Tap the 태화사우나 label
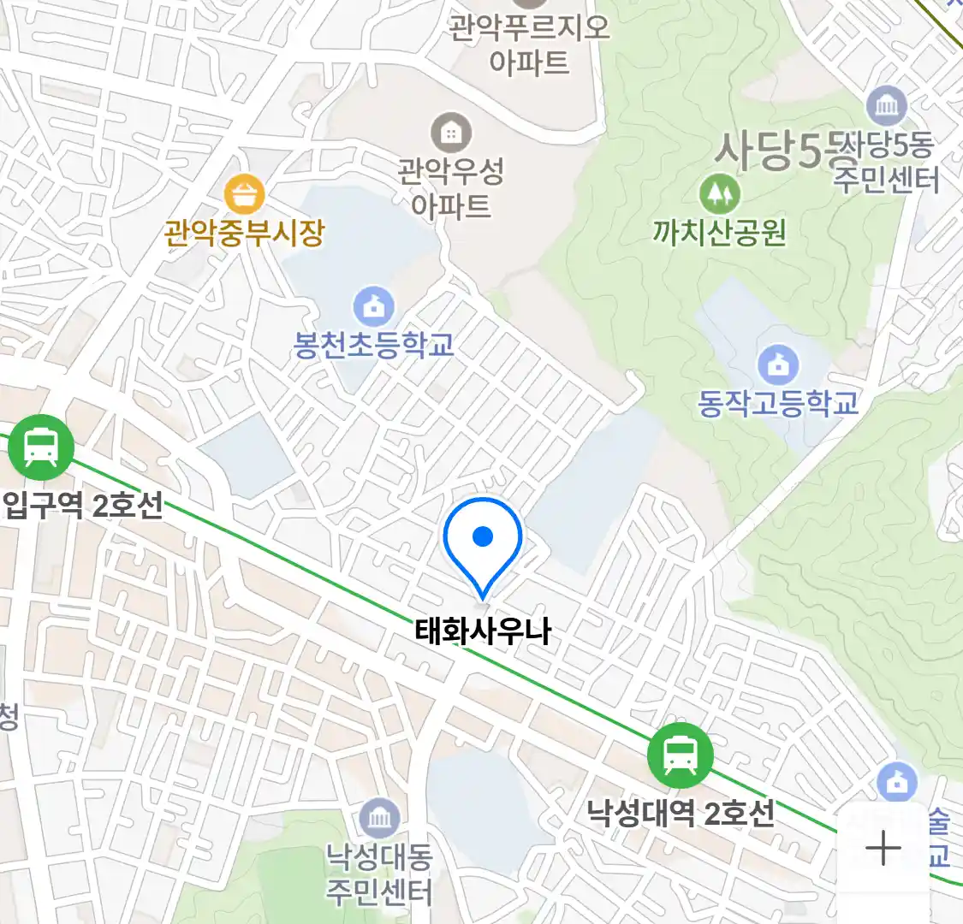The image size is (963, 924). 483,632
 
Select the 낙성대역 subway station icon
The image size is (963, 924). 680,755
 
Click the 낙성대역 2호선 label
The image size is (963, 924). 680,812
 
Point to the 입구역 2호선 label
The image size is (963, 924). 82,506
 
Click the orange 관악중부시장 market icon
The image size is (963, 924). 244,195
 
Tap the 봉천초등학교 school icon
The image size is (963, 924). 373,305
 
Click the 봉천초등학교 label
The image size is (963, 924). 373,345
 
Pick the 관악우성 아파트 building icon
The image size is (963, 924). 450,133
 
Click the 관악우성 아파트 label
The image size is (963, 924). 450,188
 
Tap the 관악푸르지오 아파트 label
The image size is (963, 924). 529,44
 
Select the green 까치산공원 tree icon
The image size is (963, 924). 719,193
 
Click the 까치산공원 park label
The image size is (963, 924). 719,232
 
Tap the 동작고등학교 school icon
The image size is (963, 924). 777,365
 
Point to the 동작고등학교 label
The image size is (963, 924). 777,403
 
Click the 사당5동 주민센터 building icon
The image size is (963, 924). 886,106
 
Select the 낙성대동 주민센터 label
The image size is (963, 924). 378,874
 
